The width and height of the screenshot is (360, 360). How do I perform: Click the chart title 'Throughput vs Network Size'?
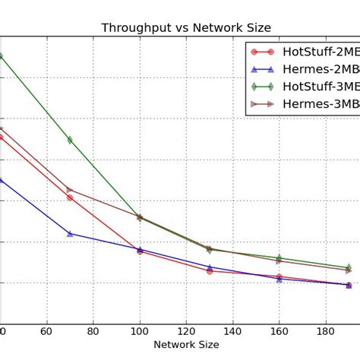point(186,28)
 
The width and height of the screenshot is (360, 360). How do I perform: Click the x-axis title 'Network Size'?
point(186,344)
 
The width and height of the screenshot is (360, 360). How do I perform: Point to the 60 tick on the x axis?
point(46,331)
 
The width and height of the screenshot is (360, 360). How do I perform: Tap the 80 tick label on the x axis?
point(93,331)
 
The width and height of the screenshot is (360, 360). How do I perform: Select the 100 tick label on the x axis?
point(140,331)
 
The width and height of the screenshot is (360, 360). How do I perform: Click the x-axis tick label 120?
point(186,331)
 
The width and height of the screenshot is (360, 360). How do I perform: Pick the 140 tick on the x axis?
point(232,331)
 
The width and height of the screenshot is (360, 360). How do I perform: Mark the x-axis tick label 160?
point(279,331)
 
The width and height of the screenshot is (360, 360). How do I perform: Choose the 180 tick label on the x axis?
point(325,331)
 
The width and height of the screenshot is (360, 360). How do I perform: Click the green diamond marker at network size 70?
point(70,140)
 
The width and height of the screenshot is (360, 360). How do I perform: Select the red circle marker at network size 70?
point(70,197)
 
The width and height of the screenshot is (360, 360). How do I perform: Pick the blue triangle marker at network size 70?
point(70,233)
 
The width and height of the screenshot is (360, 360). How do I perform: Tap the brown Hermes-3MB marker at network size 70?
point(70,189)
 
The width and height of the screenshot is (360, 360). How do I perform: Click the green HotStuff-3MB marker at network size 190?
point(349,267)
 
